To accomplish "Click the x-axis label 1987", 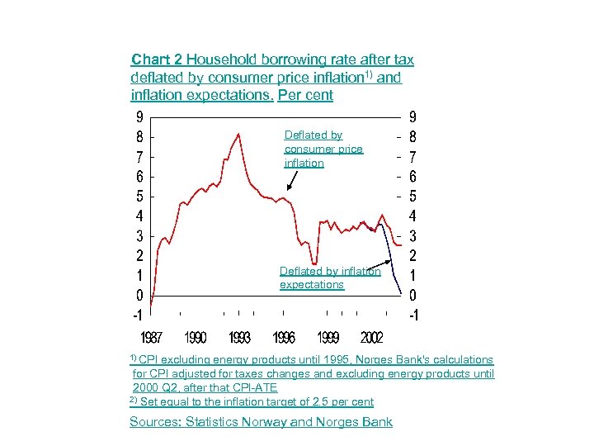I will tap(151, 338).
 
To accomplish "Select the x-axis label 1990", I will tap(196, 338).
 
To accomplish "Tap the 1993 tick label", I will tap(240, 338).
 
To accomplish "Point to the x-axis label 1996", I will tap(285, 338).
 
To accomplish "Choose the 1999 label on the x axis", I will tap(328, 338).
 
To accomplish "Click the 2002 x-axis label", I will tap(371, 338).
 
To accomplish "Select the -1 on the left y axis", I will tap(139, 315).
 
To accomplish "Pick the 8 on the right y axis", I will tap(412, 135).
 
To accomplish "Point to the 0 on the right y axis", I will tap(412, 295).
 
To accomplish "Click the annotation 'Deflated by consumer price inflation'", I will tap(323, 149).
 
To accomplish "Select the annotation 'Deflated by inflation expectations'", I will tap(330, 278).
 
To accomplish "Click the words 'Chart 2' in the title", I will tap(157, 59).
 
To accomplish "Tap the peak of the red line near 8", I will tap(238, 134).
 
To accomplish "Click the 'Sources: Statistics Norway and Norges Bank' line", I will tap(261, 422).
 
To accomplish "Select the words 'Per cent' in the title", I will tap(307, 95).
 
